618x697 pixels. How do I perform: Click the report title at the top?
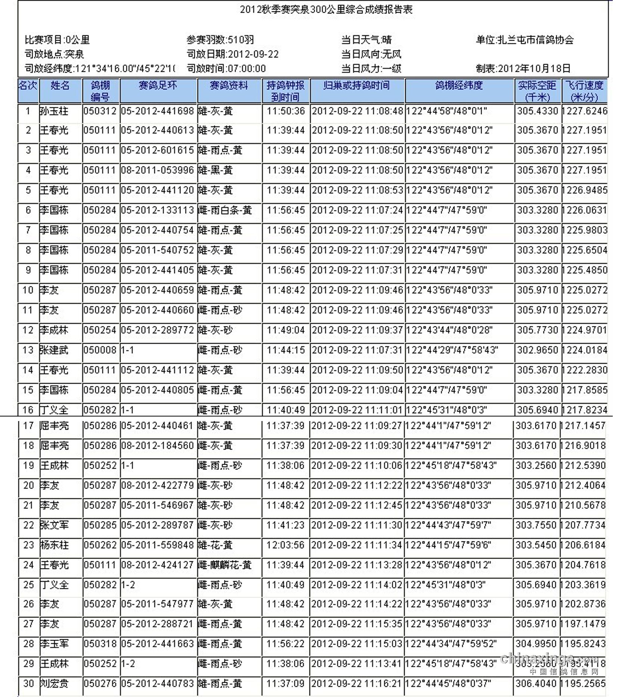click(x=326, y=9)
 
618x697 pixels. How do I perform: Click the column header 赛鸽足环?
click(x=158, y=86)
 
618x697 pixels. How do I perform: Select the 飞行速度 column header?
click(x=584, y=91)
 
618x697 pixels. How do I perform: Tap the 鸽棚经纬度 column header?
click(x=459, y=86)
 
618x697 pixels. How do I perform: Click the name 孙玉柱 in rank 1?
click(x=54, y=111)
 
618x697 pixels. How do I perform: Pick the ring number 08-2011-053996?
click(x=157, y=170)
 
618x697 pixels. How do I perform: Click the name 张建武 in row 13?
click(x=54, y=350)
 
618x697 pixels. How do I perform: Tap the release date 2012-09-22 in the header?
click(x=253, y=54)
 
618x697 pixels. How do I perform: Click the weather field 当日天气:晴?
click(x=366, y=40)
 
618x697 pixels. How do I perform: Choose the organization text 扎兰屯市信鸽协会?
click(x=535, y=40)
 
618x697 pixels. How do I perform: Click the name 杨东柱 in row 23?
click(x=55, y=545)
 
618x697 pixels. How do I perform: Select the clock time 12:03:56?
click(x=285, y=545)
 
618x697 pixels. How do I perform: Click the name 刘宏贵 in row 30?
click(x=55, y=684)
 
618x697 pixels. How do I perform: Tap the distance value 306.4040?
click(x=536, y=684)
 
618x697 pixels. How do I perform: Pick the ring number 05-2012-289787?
click(x=157, y=525)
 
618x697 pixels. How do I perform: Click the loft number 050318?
click(x=100, y=644)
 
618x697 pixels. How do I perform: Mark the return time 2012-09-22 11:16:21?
click(x=357, y=684)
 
